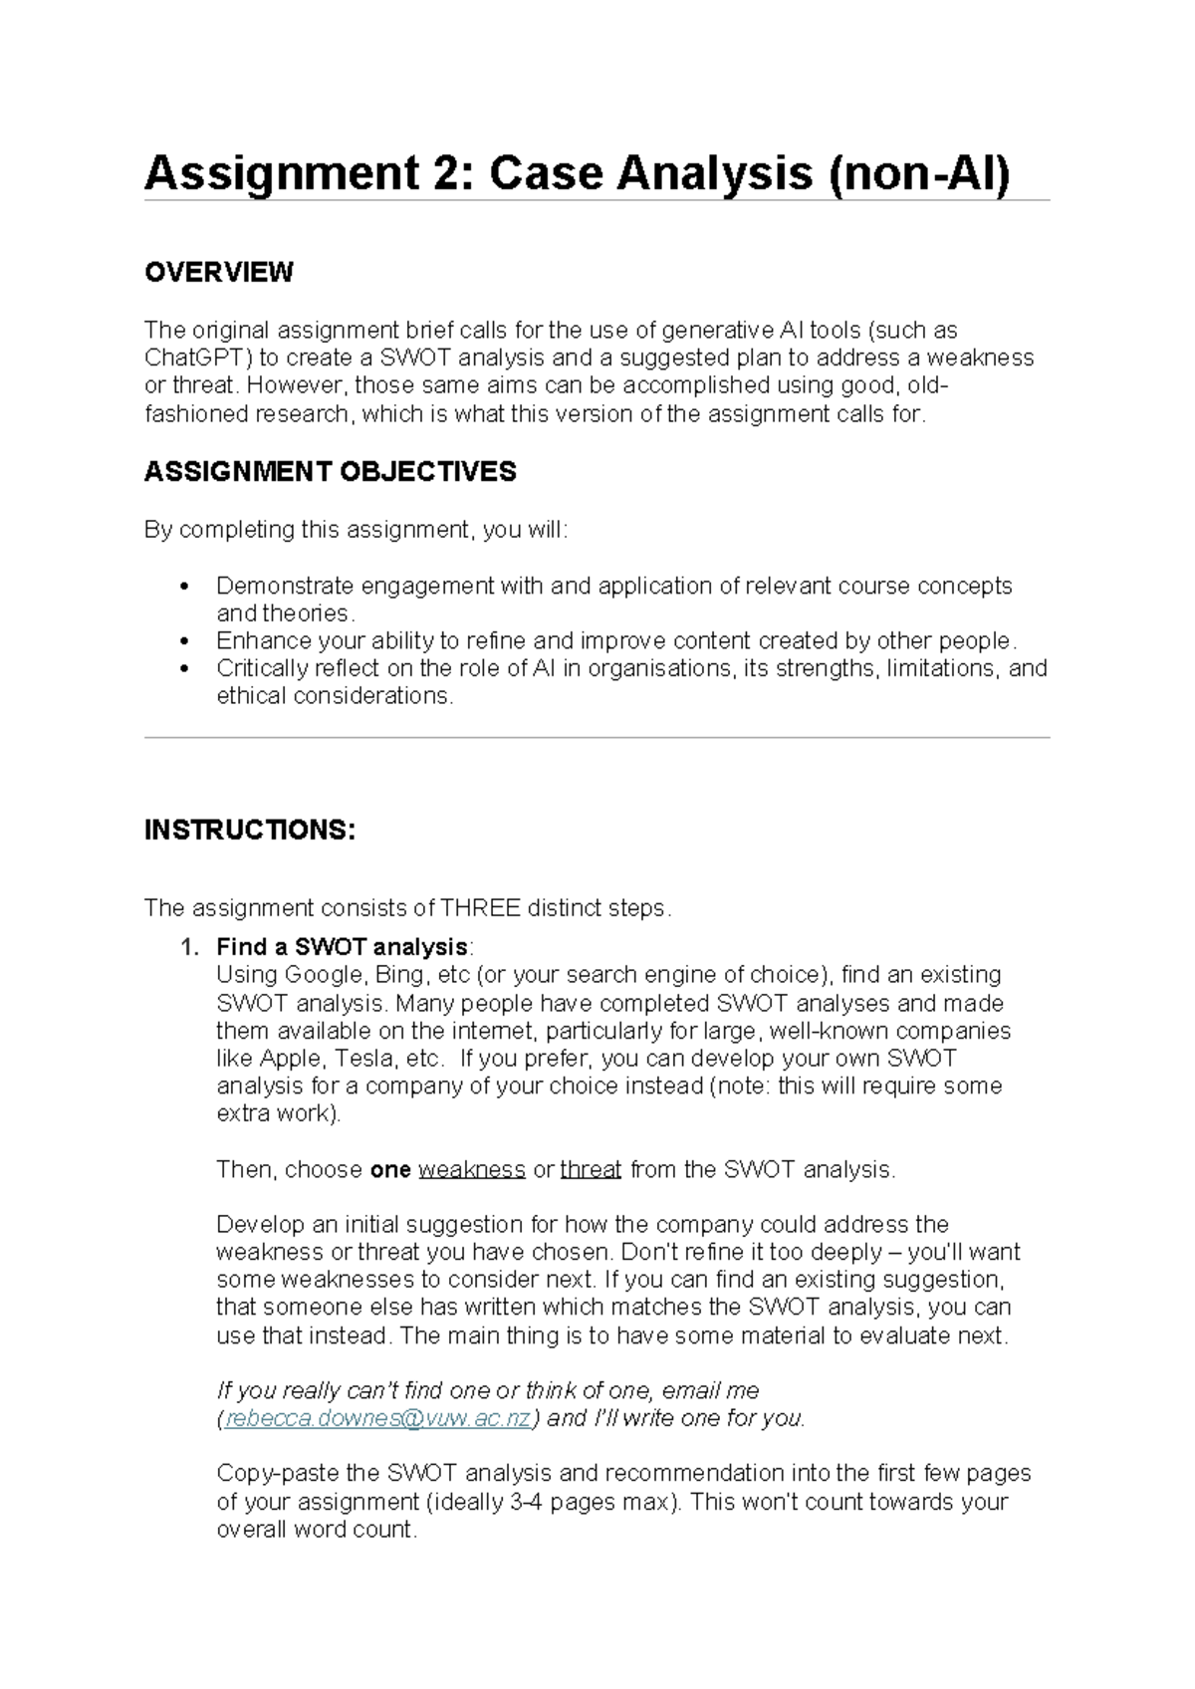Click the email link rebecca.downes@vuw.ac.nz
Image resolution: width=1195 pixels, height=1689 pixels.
(378, 1418)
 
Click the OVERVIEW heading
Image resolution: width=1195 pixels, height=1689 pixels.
(218, 272)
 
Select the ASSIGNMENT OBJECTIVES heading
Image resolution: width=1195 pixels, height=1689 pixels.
(330, 471)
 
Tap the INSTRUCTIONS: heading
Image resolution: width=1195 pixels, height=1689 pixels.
(249, 830)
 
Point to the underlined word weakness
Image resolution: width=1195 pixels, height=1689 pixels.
(471, 1169)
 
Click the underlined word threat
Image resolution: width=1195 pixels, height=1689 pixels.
(591, 1169)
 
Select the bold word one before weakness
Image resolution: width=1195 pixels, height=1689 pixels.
(390, 1169)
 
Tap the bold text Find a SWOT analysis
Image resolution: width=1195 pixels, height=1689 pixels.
(342, 946)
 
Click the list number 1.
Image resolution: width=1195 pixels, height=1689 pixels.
(188, 946)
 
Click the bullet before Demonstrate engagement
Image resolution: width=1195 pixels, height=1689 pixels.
(182, 586)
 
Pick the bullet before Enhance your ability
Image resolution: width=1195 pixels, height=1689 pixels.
(182, 640)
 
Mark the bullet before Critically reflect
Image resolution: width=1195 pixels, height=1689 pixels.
(182, 668)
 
